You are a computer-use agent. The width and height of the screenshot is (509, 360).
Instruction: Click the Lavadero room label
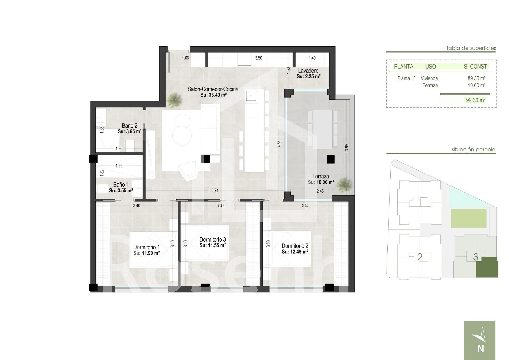point(308,71)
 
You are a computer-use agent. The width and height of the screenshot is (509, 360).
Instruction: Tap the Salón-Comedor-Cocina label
point(213,89)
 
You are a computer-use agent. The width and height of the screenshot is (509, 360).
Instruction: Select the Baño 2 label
point(130,125)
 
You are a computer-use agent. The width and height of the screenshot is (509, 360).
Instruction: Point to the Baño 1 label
point(121,185)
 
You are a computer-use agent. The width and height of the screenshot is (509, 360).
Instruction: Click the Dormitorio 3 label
point(213,240)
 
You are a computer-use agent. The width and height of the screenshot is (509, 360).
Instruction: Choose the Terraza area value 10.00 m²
point(325,182)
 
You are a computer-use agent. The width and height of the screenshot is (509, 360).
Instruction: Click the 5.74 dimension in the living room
point(215,190)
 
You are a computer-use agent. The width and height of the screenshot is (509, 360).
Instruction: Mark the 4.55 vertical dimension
point(279,144)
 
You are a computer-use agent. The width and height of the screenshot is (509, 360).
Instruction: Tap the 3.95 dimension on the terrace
point(347,148)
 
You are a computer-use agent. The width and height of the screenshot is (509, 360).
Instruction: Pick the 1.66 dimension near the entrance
point(185,58)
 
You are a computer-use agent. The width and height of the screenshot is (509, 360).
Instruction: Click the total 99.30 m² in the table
point(476,100)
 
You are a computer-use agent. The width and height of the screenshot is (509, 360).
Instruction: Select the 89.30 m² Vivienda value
point(476,78)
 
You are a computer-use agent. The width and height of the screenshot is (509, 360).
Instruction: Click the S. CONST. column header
point(476,67)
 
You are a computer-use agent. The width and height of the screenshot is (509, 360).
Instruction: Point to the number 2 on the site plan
point(420,257)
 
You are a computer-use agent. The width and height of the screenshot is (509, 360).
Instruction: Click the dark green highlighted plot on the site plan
point(487,267)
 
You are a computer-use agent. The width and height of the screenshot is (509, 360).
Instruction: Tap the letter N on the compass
point(481,348)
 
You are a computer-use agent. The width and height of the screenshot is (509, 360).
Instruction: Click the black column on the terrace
point(331,159)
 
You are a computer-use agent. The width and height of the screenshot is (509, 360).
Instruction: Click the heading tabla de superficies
point(471,48)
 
